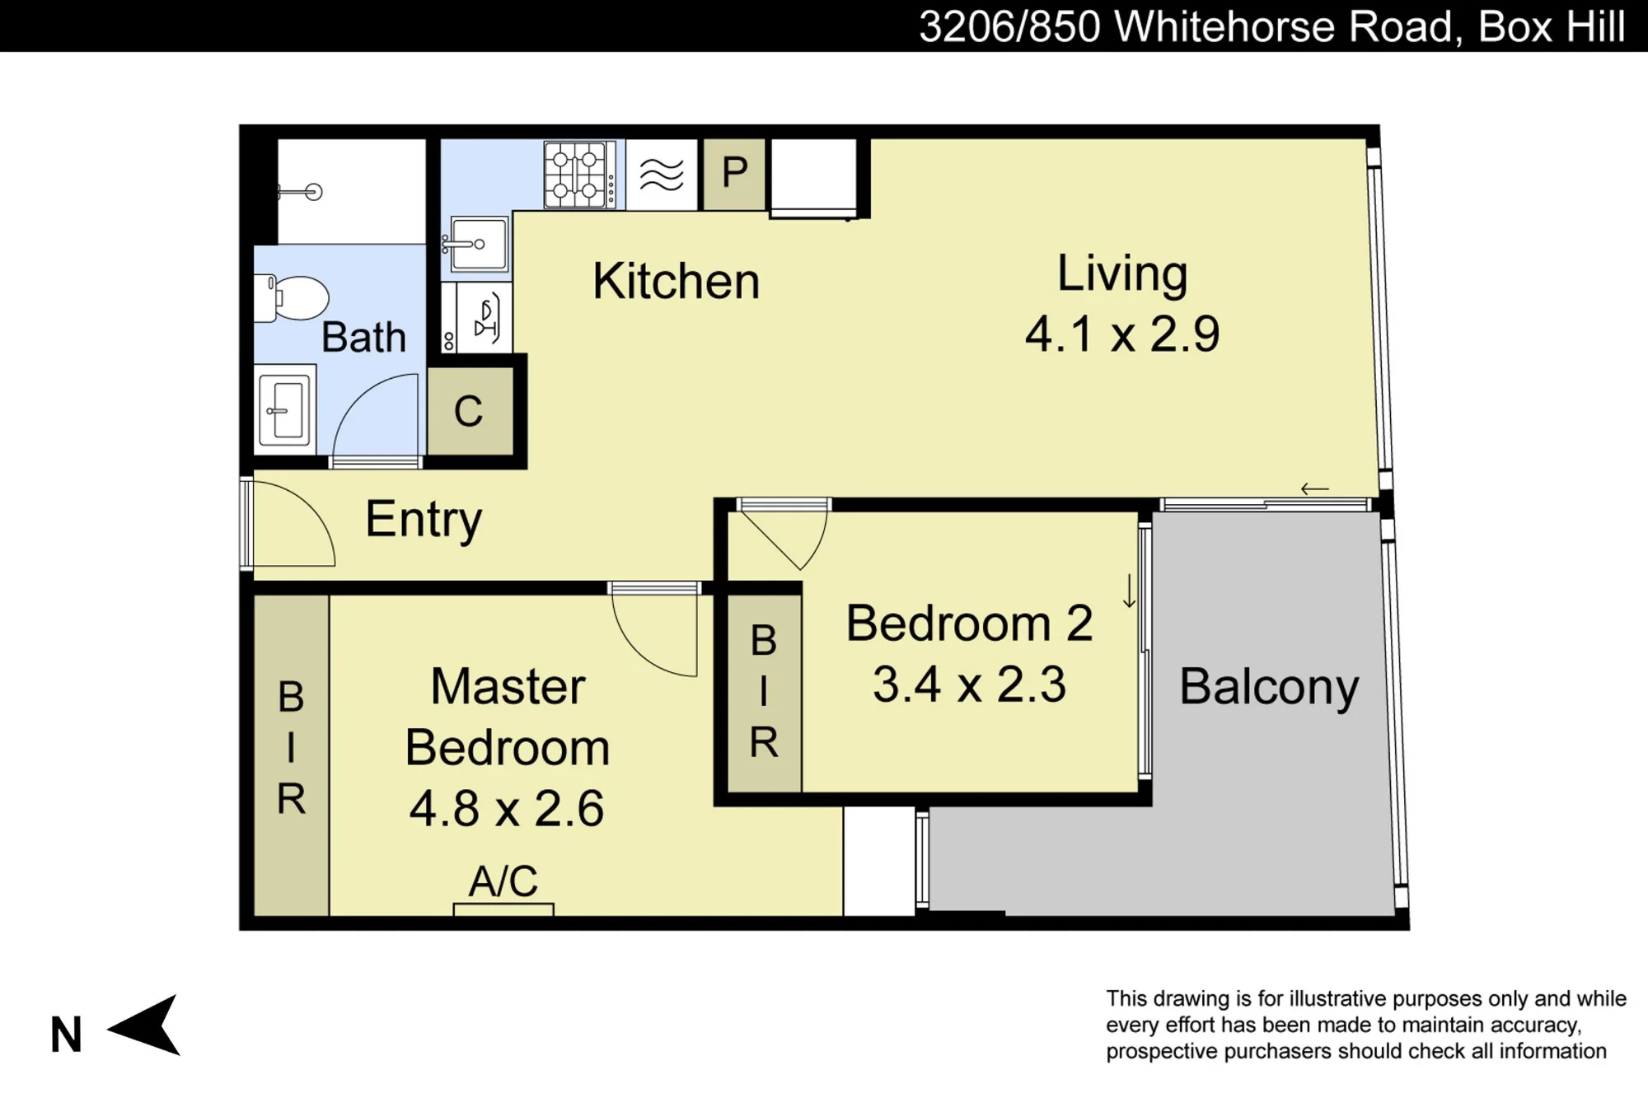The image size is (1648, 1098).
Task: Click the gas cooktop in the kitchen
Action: coord(579,175)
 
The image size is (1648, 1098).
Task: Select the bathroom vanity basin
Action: coord(284,409)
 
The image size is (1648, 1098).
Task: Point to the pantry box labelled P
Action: coord(734,174)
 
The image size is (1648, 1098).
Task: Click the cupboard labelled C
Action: coord(469,410)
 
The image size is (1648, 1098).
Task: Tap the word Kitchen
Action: coord(676,281)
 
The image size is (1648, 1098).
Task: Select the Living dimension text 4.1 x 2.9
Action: coord(1122,334)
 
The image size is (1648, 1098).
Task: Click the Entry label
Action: coord(424,520)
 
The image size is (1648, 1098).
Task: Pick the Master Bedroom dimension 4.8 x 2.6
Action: coord(507,808)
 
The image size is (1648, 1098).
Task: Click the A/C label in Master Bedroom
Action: coord(503,881)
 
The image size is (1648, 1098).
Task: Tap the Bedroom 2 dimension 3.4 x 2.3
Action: coord(969,684)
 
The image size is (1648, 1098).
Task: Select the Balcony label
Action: coord(1269,687)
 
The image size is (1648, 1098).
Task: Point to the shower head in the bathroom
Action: coord(302,192)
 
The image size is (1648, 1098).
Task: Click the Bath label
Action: coord(363,337)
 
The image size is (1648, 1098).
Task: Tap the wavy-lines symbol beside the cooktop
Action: coord(662,175)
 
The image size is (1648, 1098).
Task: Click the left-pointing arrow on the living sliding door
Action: coord(1315,489)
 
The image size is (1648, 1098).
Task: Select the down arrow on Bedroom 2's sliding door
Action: coord(1129,592)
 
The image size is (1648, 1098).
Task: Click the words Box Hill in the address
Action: coord(1552,26)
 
